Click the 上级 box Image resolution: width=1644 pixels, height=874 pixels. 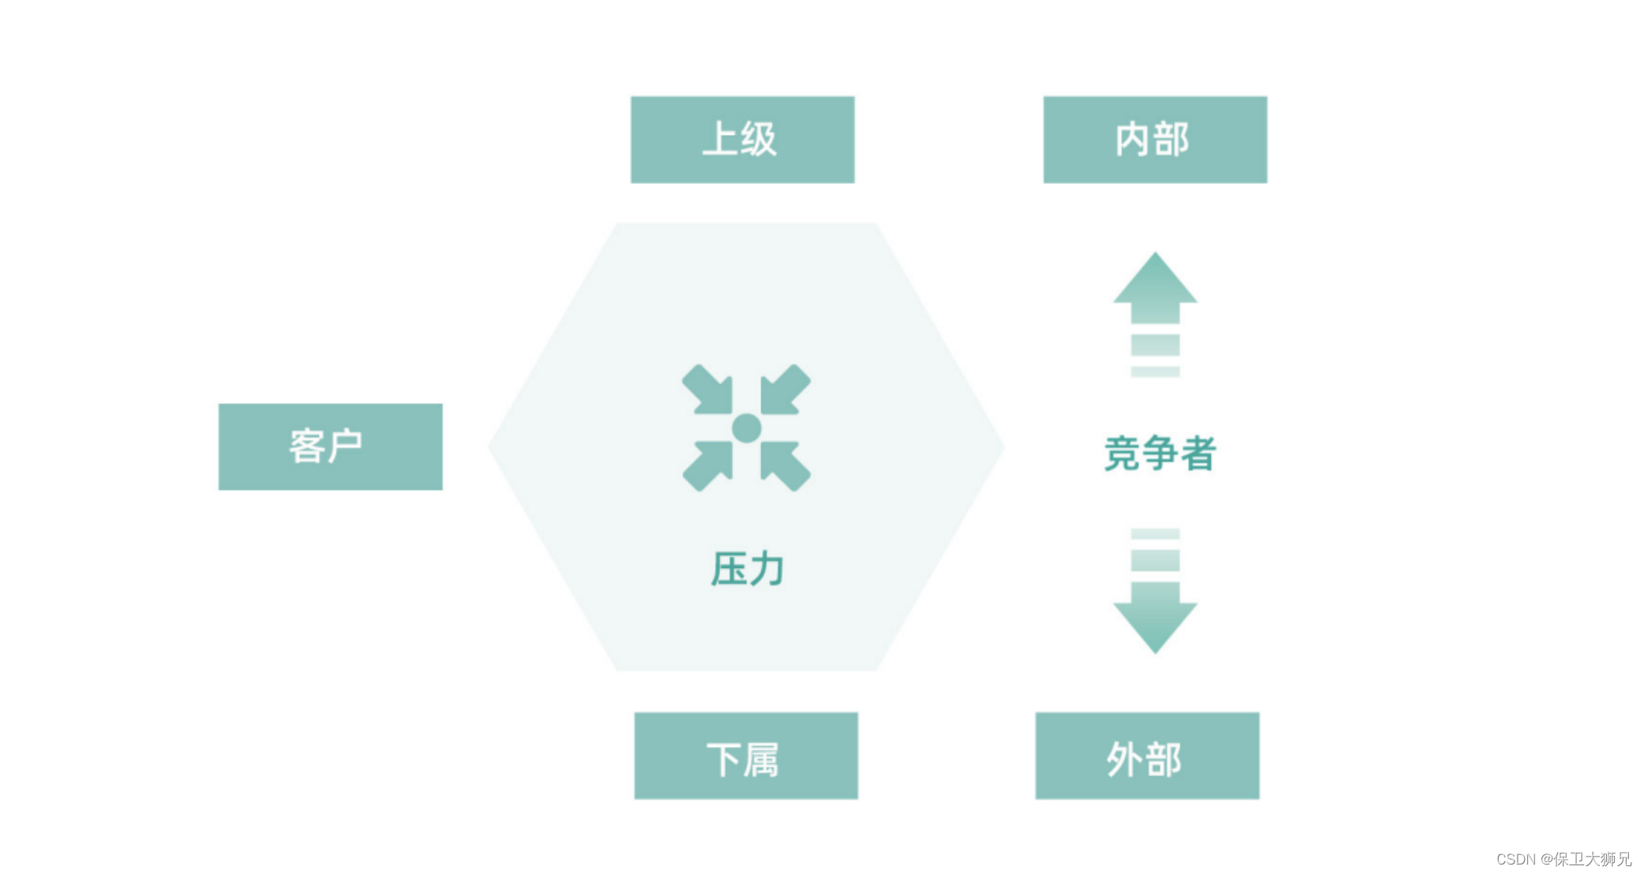point(742,140)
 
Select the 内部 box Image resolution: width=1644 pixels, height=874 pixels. point(1155,140)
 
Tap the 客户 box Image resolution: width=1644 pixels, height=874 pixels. point(330,446)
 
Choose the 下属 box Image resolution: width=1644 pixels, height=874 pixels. point(745,756)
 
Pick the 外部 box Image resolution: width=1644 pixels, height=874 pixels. point(1147,756)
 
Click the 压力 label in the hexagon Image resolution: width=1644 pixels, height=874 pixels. point(747,569)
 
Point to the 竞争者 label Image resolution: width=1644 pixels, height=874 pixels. point(1159,454)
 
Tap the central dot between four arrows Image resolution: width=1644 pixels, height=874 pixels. point(746,428)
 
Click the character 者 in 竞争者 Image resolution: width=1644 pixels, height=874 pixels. point(1197,454)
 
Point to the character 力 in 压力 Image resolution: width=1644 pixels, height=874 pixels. point(766,569)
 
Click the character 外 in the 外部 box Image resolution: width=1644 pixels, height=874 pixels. point(1126,760)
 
